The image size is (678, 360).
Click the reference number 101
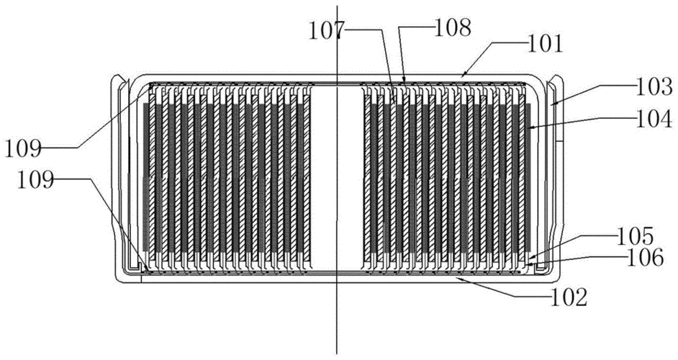click(546, 45)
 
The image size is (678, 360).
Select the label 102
click(569, 297)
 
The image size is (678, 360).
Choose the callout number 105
click(635, 237)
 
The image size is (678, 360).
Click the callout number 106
click(644, 258)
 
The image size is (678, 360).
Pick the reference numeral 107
click(327, 31)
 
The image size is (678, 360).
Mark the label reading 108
click(452, 28)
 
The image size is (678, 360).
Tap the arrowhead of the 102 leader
click(456, 278)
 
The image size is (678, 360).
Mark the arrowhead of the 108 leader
click(404, 82)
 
